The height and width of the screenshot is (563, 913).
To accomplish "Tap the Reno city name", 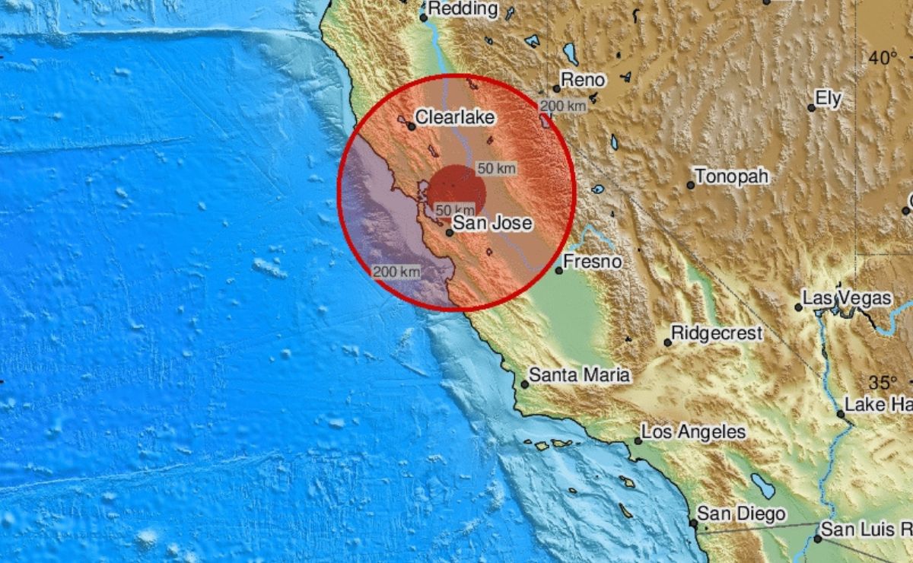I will click(583, 80).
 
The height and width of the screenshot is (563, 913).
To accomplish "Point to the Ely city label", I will click(828, 97).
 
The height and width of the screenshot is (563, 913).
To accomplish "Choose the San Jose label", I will click(492, 224).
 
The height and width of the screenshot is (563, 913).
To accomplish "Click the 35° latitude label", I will click(883, 382).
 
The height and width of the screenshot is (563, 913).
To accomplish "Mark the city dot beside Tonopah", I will click(691, 185).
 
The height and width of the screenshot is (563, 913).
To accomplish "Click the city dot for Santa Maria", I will click(524, 384).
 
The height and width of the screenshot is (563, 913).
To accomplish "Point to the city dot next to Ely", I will click(812, 108).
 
